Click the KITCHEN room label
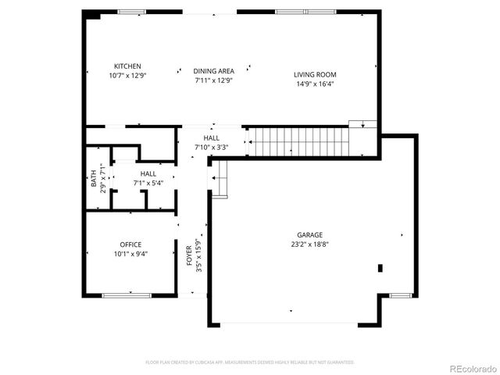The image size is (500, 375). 128,66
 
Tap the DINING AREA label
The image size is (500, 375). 213,71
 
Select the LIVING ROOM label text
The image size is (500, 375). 315,75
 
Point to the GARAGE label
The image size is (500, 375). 309,234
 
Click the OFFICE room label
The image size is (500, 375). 130,245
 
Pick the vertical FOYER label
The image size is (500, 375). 189,255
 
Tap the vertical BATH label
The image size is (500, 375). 94,179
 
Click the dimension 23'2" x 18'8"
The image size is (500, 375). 309,244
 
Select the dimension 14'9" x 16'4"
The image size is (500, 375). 315,84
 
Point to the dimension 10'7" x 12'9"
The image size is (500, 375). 128,75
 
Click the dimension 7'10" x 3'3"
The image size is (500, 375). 211,147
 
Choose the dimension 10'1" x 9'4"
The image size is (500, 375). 130,254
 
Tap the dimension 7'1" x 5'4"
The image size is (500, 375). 148,183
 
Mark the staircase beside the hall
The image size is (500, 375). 298,142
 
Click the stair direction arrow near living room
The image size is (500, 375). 362,124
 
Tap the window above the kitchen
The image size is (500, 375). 131,12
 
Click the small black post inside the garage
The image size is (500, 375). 380,268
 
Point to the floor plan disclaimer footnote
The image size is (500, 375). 250,362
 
